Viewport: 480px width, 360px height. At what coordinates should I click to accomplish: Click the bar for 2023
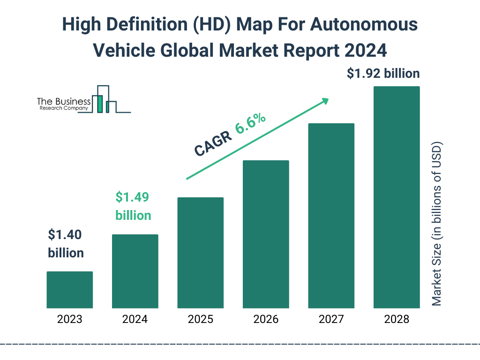pos(69,290)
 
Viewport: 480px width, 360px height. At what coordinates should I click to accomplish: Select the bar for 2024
pos(135,271)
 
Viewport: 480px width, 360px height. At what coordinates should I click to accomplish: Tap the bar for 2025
pos(200,253)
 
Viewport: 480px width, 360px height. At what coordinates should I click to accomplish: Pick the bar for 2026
pos(266,234)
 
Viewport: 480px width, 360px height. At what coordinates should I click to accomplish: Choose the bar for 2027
pos(331,216)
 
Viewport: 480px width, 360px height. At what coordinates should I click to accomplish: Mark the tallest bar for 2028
pos(396,197)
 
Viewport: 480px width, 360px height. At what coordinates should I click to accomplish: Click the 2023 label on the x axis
pos(69,320)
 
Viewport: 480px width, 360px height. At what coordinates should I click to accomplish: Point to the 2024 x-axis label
pos(135,320)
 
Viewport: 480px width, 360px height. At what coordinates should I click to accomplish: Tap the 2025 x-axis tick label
pos(200,320)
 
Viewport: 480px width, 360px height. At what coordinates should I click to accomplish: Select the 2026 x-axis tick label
pos(266,320)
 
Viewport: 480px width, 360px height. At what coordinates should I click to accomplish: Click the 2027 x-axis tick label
pos(331,320)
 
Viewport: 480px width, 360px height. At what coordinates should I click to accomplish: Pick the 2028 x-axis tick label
pos(396,320)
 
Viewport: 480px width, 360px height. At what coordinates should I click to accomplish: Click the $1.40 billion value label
pos(66,244)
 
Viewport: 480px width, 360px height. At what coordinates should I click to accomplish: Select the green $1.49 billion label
pos(133,206)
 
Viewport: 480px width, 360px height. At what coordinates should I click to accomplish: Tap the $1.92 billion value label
pos(383,74)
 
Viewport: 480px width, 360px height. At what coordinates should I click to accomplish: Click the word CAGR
pos(213,143)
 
